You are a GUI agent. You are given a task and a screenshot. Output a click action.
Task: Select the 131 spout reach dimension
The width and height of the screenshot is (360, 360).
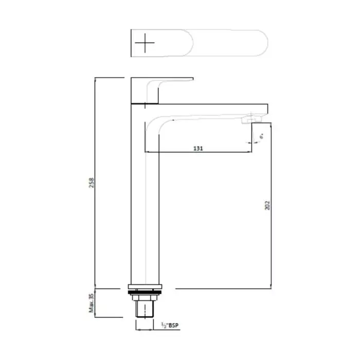(199, 148)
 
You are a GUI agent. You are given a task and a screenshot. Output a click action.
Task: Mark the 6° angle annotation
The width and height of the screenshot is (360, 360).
(262, 137)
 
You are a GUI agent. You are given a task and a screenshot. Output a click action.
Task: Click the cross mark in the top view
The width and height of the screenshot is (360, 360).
(146, 43)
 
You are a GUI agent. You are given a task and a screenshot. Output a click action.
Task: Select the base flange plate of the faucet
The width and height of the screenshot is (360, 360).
(145, 286)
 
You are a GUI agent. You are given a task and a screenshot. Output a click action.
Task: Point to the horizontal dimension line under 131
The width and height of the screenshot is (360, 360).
(199, 153)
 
